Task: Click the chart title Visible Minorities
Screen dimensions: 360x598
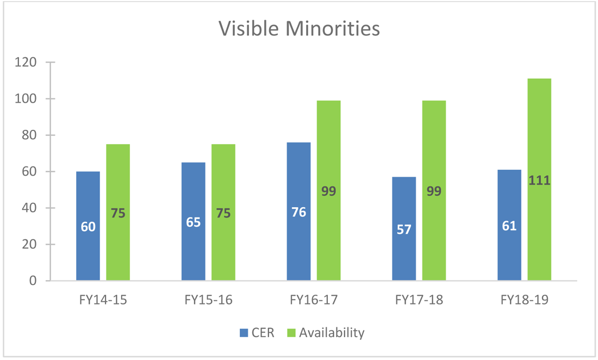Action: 299,28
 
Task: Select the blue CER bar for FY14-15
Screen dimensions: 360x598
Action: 88,245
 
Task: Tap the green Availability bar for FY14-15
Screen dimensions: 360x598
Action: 118,245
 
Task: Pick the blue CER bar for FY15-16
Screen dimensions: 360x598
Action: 194,245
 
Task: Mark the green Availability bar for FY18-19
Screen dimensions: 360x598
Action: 539,228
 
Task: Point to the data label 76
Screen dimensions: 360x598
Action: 298,212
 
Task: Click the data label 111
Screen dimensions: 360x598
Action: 539,181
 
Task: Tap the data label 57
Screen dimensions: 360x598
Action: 404,229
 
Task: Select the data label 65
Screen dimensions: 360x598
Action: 194,222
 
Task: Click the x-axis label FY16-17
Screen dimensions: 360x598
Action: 314,300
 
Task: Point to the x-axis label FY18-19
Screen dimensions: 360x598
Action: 524,300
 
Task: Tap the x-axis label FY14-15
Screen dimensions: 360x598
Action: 103,300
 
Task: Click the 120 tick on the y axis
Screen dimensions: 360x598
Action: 26,63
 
